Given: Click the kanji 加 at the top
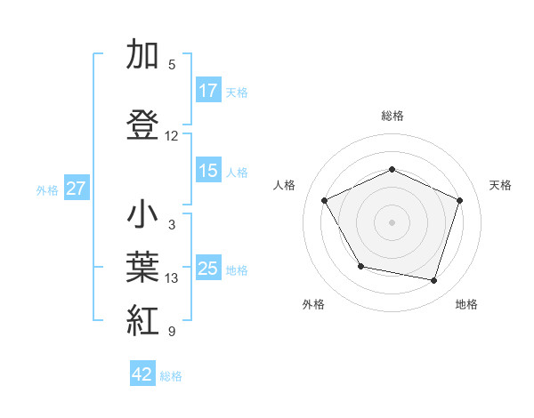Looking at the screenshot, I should tap(142, 55).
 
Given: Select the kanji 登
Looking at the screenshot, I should tap(142, 125).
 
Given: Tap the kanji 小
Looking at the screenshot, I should tap(142, 214).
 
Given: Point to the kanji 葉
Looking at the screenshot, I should tap(142, 268).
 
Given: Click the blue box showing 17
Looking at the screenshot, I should tap(208, 91).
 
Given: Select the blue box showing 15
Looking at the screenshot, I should tap(208, 172).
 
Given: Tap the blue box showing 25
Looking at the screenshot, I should tap(208, 269).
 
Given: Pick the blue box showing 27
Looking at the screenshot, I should tap(76, 189).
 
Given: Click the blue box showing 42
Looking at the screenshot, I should tap(143, 374).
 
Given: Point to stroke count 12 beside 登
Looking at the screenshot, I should tap(172, 136).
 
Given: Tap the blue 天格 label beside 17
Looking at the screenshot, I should tap(237, 92).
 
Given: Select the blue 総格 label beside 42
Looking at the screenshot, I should tap(172, 375).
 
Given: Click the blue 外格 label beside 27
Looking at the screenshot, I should tap(47, 189).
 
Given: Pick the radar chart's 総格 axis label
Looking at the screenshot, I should tap(392, 116).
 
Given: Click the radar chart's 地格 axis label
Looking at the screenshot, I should tap(466, 304).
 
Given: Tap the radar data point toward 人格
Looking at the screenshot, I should tap(325, 200).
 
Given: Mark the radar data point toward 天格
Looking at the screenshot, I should tap(460, 200).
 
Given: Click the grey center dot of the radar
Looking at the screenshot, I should tap(392, 221).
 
